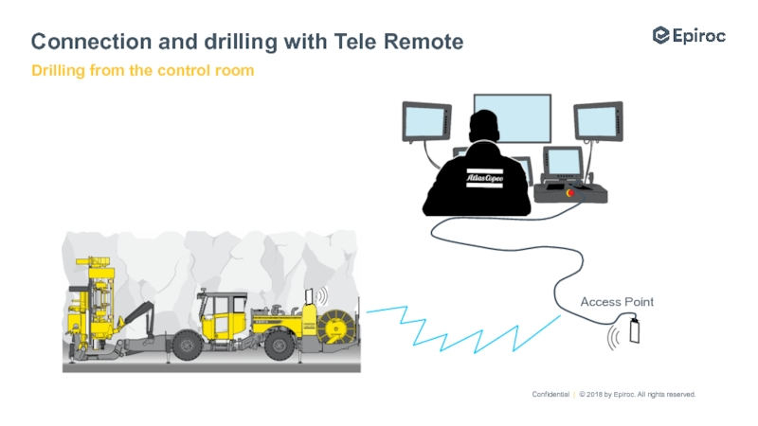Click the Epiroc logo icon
point(661,35)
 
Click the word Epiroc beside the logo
point(702,35)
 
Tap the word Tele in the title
point(358,42)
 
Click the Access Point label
point(617,302)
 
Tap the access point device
point(634,333)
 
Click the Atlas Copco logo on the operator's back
point(483,177)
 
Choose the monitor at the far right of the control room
point(597,121)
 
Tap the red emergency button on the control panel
point(569,192)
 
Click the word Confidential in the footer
point(550,394)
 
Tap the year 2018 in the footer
point(595,394)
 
